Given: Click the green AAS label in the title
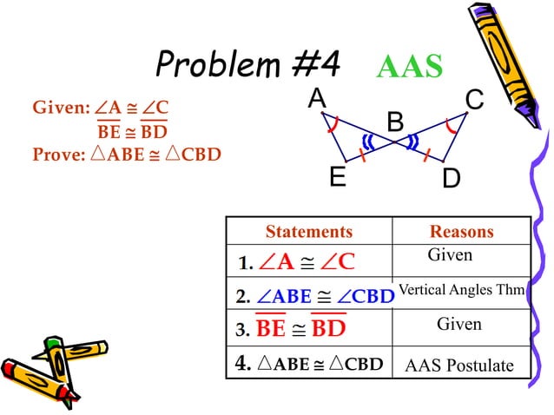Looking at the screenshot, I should tap(410, 67).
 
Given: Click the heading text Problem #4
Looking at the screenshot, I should tap(248, 63).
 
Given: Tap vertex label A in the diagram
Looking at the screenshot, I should tap(316, 101).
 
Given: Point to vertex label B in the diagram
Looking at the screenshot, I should tap(395, 122).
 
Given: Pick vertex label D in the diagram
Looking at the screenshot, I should tap(451, 180).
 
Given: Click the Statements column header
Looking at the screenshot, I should tap(309, 232).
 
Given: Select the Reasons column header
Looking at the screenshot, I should tap(461, 232).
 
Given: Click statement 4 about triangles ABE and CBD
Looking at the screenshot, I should tap(309, 364).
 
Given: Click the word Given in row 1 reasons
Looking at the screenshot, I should tap(450, 255).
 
